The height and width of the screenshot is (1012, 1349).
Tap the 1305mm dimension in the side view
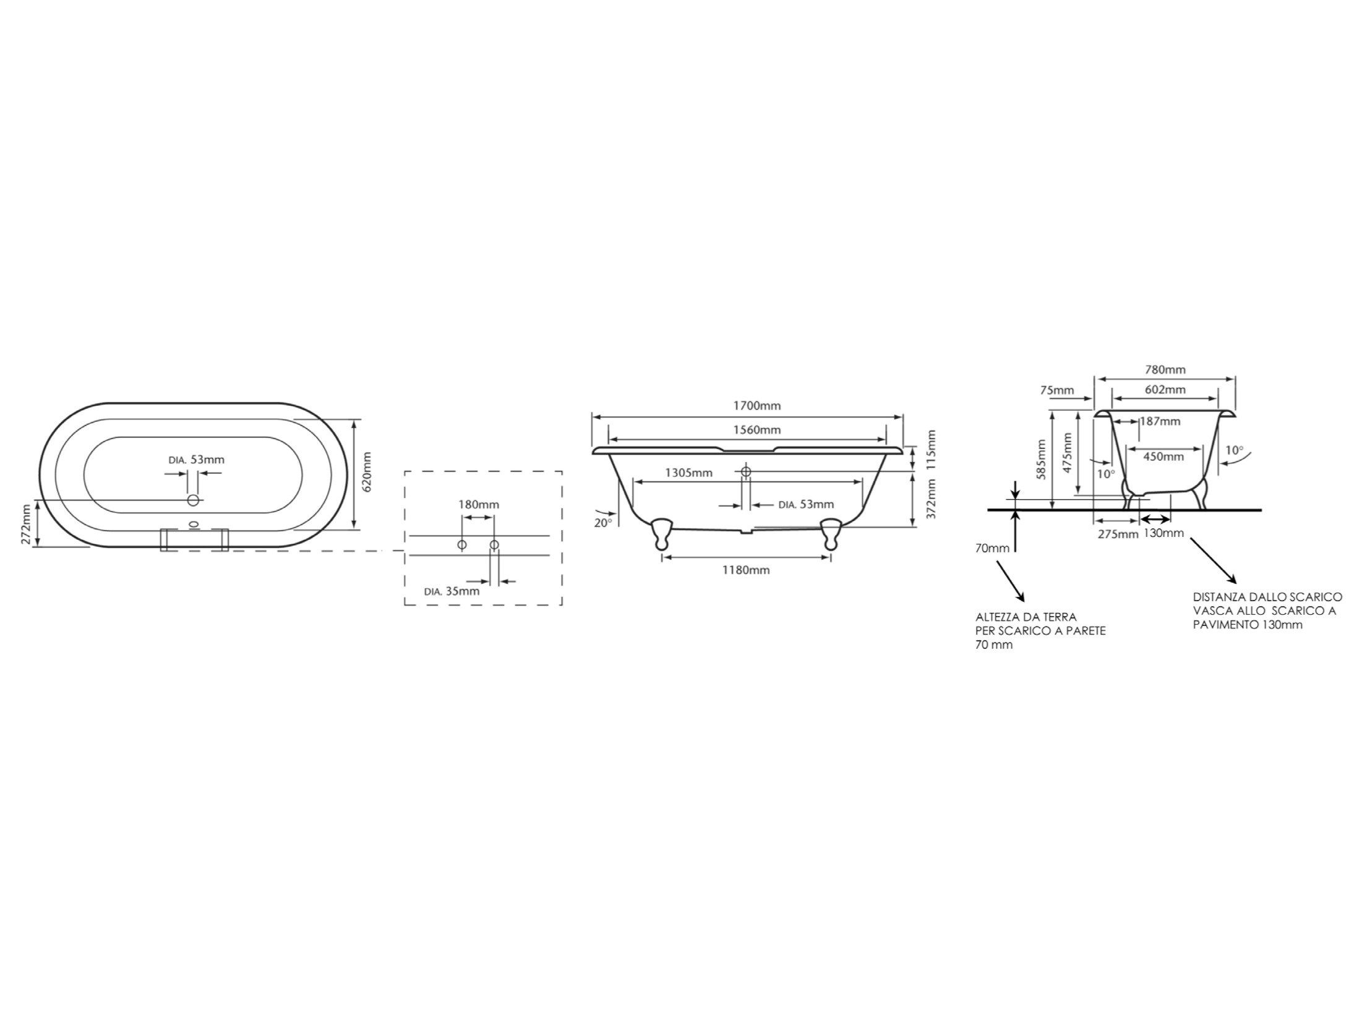688,473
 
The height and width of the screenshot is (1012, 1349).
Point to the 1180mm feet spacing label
746,570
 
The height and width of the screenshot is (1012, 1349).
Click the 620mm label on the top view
366,471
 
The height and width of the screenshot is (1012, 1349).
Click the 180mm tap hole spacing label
478,504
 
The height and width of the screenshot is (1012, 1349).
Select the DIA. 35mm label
452,591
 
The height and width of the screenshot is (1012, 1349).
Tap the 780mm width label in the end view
1165,370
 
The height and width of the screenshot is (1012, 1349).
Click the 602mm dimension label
1165,390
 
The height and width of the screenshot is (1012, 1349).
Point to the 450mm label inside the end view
1163,457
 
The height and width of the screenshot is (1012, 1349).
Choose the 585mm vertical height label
1041,460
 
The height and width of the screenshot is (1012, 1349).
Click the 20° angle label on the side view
602,522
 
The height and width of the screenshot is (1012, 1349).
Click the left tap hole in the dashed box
461,544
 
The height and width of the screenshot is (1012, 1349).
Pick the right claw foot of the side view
830,533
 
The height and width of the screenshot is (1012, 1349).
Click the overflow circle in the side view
746,471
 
